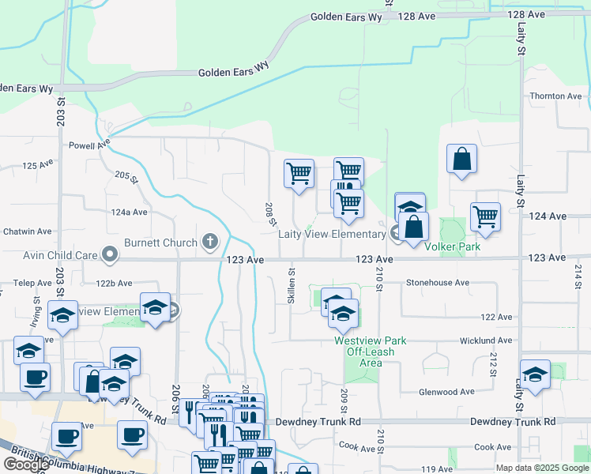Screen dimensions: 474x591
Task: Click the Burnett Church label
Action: tap(161, 242)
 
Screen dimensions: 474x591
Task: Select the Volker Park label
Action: tap(453, 246)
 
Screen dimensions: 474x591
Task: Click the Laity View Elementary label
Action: tap(331, 235)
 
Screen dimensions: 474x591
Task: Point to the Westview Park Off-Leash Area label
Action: tap(370, 352)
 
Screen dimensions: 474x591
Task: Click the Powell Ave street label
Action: tap(87, 145)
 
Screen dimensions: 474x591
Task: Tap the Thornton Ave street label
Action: tap(555, 96)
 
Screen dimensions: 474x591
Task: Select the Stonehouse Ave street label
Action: tap(437, 282)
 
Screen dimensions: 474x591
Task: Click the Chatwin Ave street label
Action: tap(26, 231)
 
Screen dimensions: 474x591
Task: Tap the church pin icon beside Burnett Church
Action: tap(209, 241)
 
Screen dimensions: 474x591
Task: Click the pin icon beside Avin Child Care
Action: tap(110, 254)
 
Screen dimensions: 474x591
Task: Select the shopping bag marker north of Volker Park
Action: tap(462, 159)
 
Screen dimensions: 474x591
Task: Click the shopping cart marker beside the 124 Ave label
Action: tap(485, 216)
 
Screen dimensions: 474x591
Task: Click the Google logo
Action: tap(26, 465)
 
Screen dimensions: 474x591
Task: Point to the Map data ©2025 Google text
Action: tap(542, 468)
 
